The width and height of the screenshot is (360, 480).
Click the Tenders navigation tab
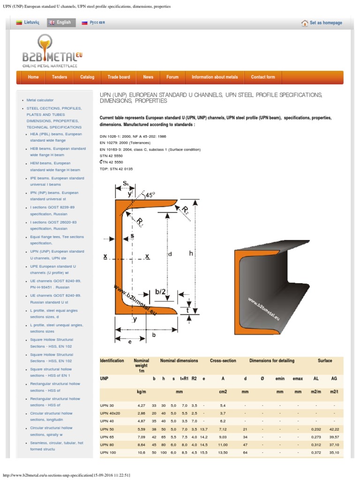pyautogui.click(x=60, y=77)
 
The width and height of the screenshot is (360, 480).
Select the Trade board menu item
pyautogui.click(x=119, y=77)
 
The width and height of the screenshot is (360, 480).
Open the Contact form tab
pyautogui.click(x=263, y=77)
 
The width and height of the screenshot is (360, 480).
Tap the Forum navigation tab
pyautogui.click(x=172, y=77)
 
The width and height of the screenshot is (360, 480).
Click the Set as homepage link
pyautogui.click(x=322, y=23)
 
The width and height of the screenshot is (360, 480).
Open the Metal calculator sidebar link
pyautogui.click(x=40, y=100)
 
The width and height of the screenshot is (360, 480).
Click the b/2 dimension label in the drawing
pyautogui.click(x=161, y=292)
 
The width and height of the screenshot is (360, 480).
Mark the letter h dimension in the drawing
pyautogui.click(x=191, y=253)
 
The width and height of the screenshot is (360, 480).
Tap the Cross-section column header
pyautogui.click(x=223, y=361)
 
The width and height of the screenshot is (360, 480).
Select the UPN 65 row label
pyautogui.click(x=108, y=437)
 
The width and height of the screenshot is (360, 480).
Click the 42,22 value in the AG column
pyautogui.click(x=334, y=428)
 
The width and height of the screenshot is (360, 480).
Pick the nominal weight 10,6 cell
pyautogui.click(x=141, y=453)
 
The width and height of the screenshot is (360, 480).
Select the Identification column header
pyautogui.click(x=112, y=361)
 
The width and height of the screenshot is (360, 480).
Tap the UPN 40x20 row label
pyautogui.click(x=110, y=413)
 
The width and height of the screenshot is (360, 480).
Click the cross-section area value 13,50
pyautogui.click(x=223, y=453)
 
